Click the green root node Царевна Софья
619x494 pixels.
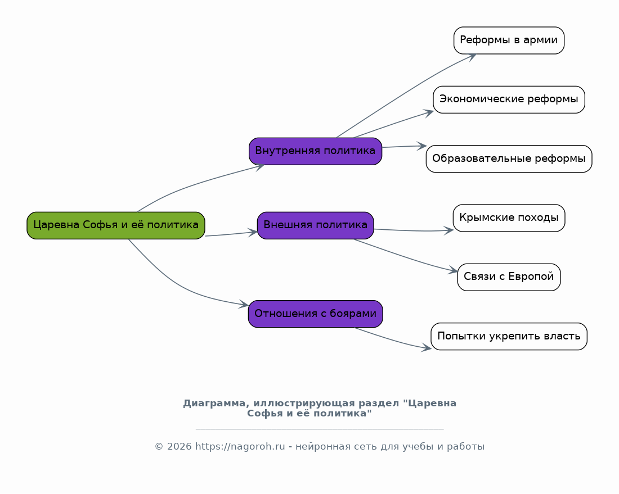[x=115, y=225]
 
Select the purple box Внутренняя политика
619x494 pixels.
[x=315, y=151]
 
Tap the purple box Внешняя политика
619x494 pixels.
[x=315, y=225]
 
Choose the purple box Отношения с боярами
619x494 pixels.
[x=315, y=314]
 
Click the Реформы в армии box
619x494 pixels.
[x=509, y=40]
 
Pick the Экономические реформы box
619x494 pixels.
[x=509, y=99]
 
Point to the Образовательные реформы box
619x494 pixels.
[x=509, y=159]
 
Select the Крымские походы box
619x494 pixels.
[x=509, y=218]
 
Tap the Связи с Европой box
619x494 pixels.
[x=509, y=277]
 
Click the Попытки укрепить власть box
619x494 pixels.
[x=509, y=337]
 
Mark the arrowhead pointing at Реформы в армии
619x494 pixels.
[x=472, y=56]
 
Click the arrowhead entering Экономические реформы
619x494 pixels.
[x=429, y=111]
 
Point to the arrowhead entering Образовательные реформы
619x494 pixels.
[x=423, y=146]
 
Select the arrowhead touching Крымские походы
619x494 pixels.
[x=449, y=230]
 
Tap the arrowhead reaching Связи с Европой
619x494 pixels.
[x=454, y=271]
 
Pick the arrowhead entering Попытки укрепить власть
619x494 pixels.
[x=427, y=348]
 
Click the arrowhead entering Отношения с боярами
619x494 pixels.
[x=244, y=305]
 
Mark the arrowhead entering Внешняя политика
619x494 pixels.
[x=253, y=232]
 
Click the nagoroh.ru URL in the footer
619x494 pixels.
[x=240, y=447]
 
